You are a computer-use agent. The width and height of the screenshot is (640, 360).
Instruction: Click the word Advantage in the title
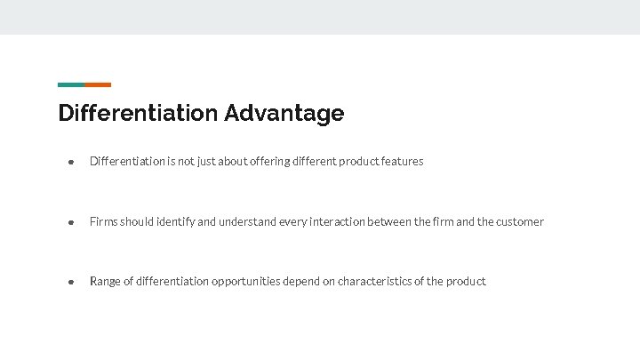pos(284,114)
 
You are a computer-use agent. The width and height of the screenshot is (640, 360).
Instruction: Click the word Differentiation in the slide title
pos(138,114)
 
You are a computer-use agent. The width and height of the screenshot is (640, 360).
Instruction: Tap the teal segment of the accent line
pos(71,84)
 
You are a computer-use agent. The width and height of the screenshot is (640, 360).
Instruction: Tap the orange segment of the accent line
pos(98,84)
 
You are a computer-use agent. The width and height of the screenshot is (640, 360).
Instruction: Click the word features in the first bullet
pos(403,162)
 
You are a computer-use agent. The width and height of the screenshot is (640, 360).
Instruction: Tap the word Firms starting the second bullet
pos(103,221)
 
